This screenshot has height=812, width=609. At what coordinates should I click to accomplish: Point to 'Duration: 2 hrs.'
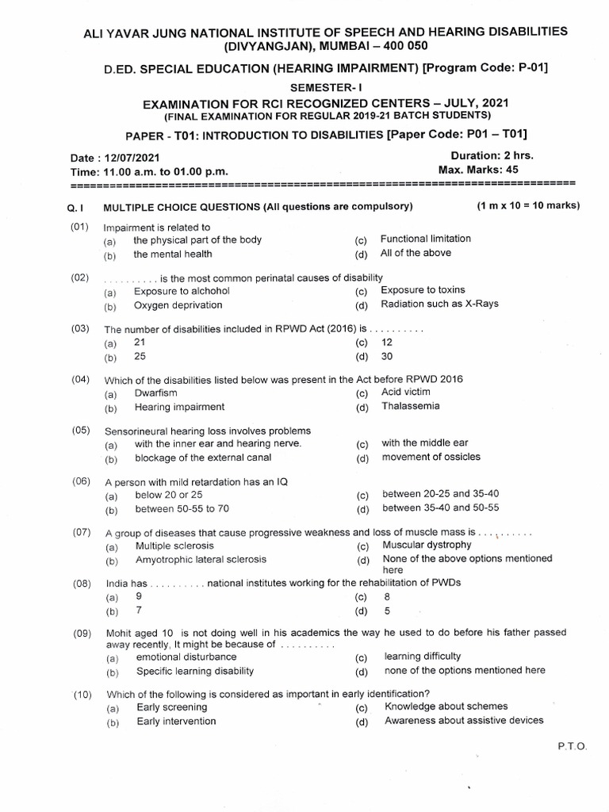point(492,156)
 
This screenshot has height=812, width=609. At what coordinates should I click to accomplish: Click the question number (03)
point(79,328)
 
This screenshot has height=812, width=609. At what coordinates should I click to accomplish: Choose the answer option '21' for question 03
point(140,342)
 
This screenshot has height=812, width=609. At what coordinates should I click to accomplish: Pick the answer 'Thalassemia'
point(410,407)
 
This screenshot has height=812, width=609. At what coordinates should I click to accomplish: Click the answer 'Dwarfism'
point(156,393)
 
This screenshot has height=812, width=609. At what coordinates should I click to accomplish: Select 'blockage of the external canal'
point(203,458)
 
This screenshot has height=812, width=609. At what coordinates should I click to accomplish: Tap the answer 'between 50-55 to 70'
point(182,508)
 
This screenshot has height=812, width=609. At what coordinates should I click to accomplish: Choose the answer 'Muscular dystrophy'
point(427,545)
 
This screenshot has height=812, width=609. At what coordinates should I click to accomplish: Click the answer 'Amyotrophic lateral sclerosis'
point(201,559)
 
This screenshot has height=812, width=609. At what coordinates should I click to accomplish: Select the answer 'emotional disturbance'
point(186,657)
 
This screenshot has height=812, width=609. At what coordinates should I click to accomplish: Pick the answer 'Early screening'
point(172,707)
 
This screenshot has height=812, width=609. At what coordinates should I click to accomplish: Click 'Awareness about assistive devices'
point(464,721)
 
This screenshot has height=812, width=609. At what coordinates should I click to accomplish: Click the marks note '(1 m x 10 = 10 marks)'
point(528,205)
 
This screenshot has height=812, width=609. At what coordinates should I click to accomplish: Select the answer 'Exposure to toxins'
point(423,290)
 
